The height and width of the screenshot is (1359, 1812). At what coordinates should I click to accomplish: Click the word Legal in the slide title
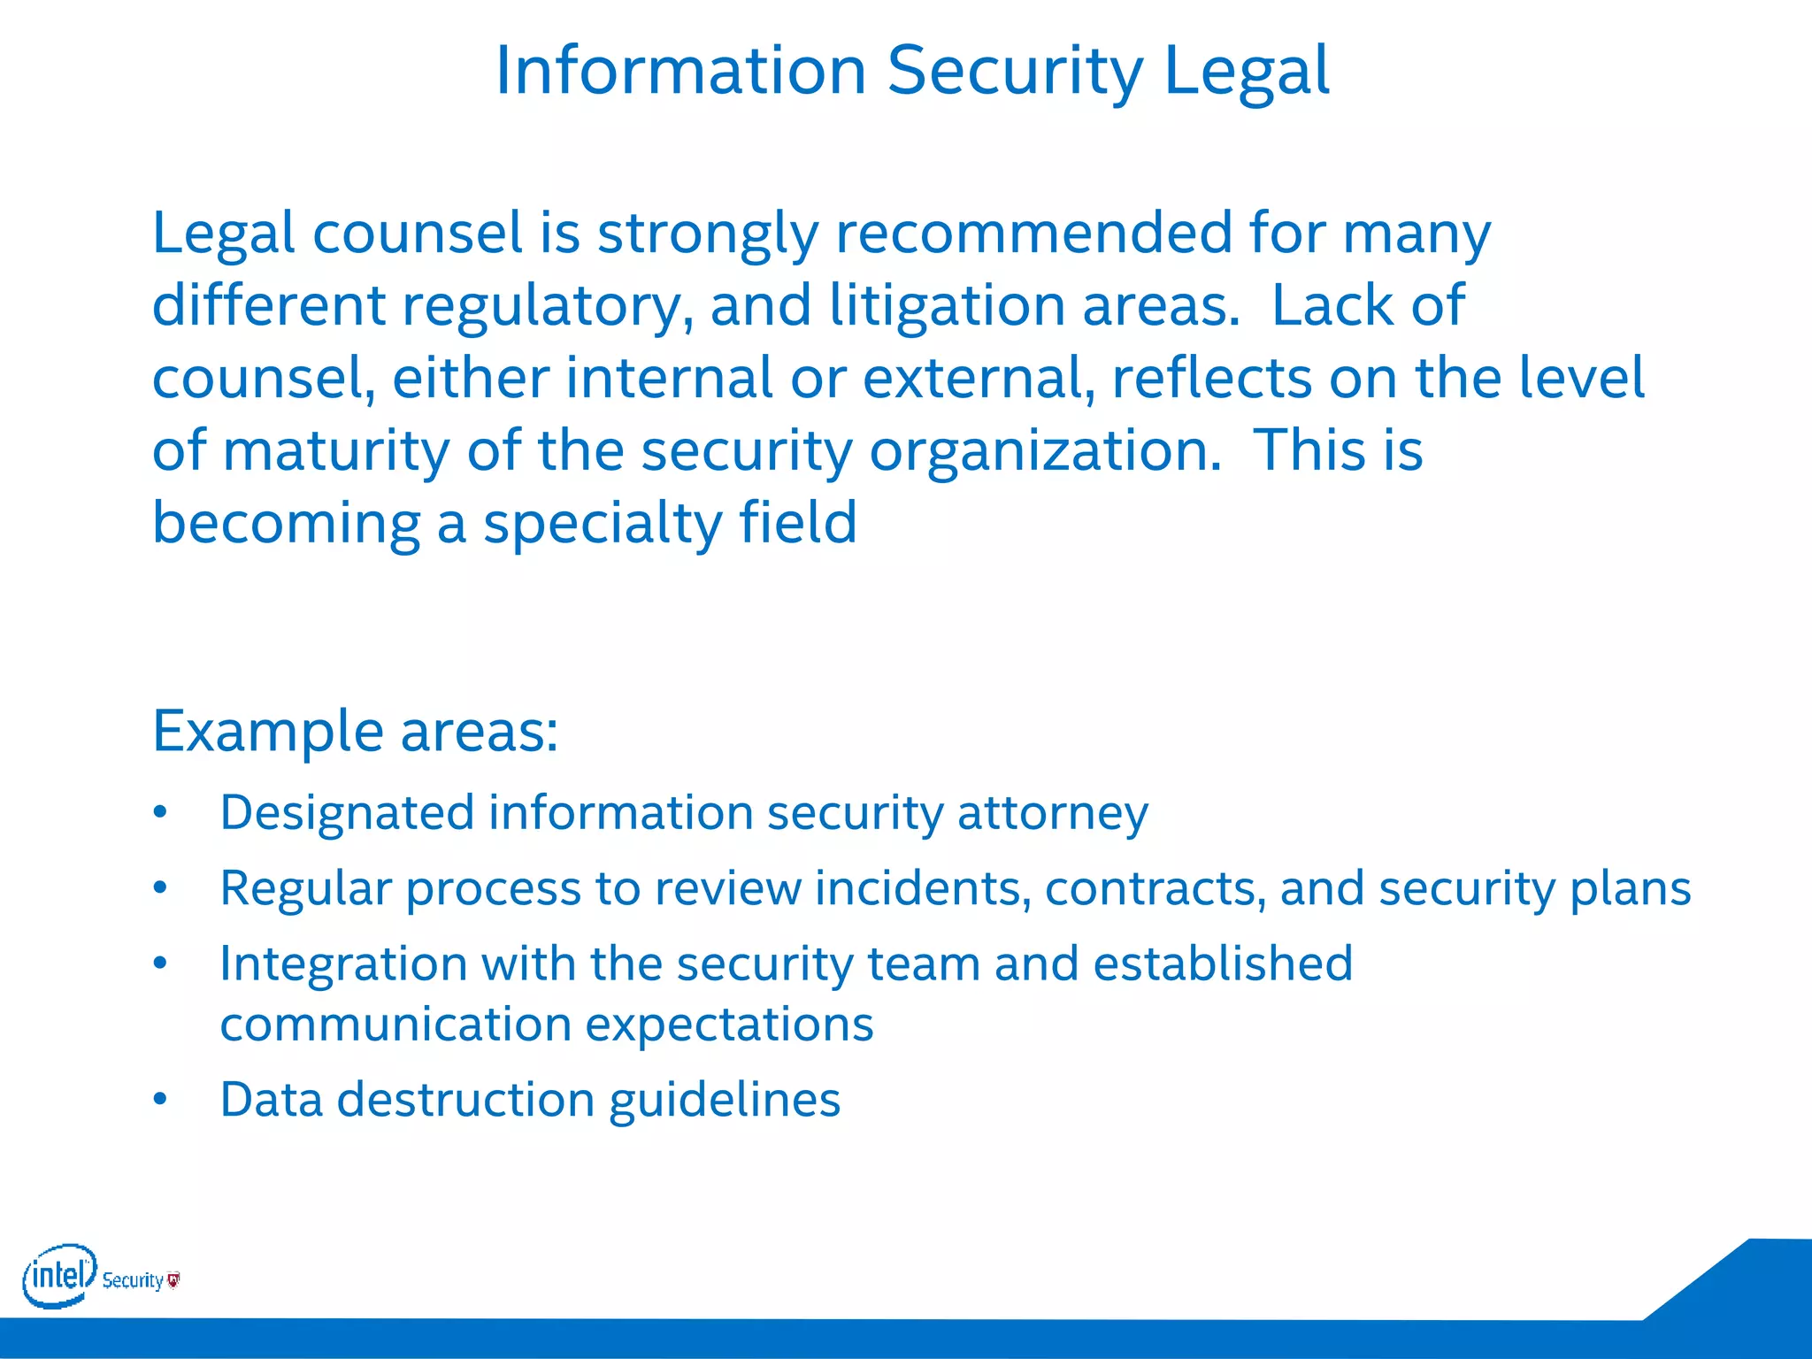1246,71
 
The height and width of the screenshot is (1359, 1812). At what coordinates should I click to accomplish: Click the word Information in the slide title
680,71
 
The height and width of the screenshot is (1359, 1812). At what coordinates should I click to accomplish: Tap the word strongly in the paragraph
708,234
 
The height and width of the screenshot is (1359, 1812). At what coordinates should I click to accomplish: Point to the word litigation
948,306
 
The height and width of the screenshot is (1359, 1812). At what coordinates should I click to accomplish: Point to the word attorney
1053,813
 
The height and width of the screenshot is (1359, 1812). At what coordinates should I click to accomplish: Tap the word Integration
343,964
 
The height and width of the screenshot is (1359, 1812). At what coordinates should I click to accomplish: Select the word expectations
729,1025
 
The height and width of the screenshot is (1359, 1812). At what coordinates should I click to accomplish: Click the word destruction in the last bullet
465,1100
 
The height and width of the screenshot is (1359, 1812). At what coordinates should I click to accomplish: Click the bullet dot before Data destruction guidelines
160,1100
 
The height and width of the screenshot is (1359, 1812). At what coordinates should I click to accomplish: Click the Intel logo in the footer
58,1276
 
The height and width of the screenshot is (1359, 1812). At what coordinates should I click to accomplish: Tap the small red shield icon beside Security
173,1279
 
